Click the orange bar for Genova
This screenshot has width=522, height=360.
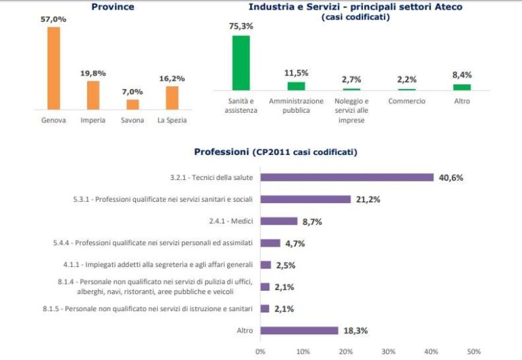tap(54, 68)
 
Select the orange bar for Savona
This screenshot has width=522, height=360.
tap(133, 105)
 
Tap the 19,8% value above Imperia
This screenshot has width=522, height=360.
tap(93, 73)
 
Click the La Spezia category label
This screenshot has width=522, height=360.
tap(171, 121)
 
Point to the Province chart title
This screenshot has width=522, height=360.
tap(112, 7)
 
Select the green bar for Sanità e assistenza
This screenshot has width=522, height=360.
tap(241, 63)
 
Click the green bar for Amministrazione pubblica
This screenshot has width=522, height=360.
tap(296, 86)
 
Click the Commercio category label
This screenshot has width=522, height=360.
tap(406, 101)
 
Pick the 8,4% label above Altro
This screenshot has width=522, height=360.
tap(462, 75)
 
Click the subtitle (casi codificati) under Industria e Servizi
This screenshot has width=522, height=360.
tap(355, 18)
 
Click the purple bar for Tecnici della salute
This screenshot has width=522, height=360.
tap(347, 178)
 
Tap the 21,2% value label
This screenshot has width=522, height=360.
tap(368, 200)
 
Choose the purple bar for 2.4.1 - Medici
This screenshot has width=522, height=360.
tap(279, 221)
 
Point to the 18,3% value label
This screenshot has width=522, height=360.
tap(355, 331)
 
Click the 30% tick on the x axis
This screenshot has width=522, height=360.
tap(389, 351)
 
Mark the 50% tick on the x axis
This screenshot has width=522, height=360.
tap(474, 351)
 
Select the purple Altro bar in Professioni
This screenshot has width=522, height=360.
tap(299, 331)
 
